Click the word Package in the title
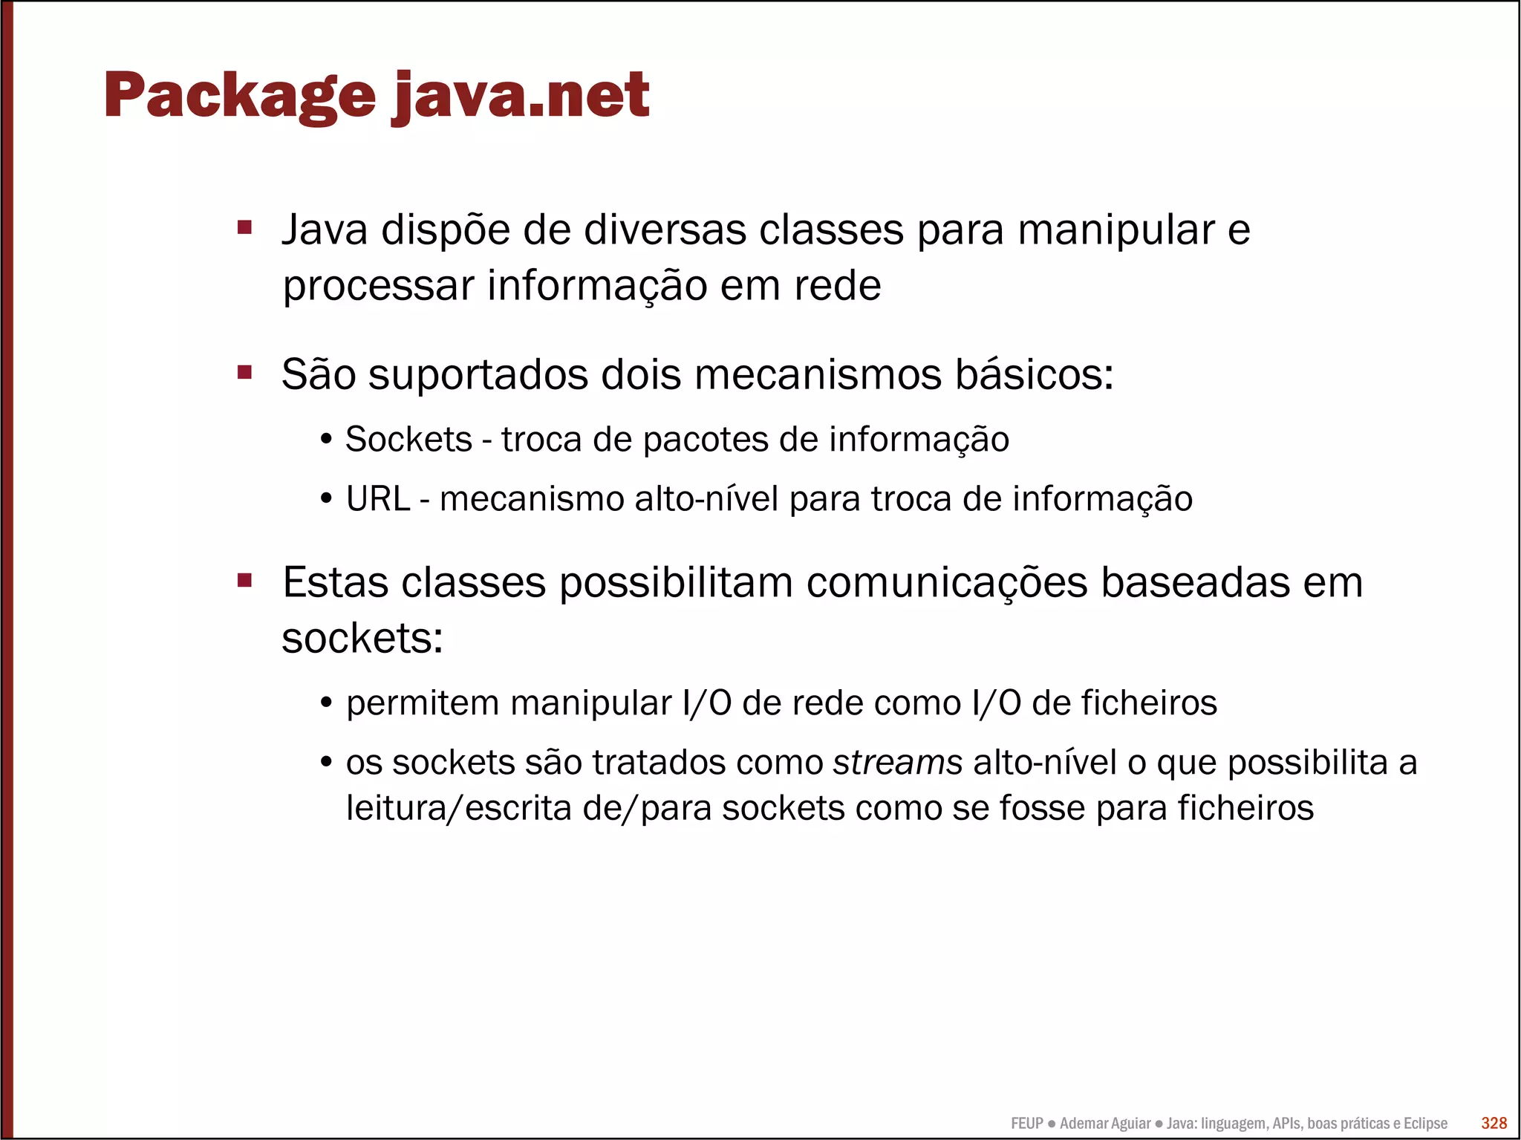(x=239, y=97)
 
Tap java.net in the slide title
(x=521, y=97)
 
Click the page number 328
(x=1494, y=1123)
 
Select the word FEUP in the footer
(x=1026, y=1124)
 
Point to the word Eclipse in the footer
(x=1425, y=1124)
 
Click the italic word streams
(x=897, y=763)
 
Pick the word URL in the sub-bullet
(x=378, y=499)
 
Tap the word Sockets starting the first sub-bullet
(x=408, y=440)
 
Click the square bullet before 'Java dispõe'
(x=245, y=227)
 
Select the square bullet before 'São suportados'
(x=245, y=371)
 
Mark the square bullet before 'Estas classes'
(x=245, y=579)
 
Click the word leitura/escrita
(x=458, y=808)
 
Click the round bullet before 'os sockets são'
(x=326, y=763)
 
